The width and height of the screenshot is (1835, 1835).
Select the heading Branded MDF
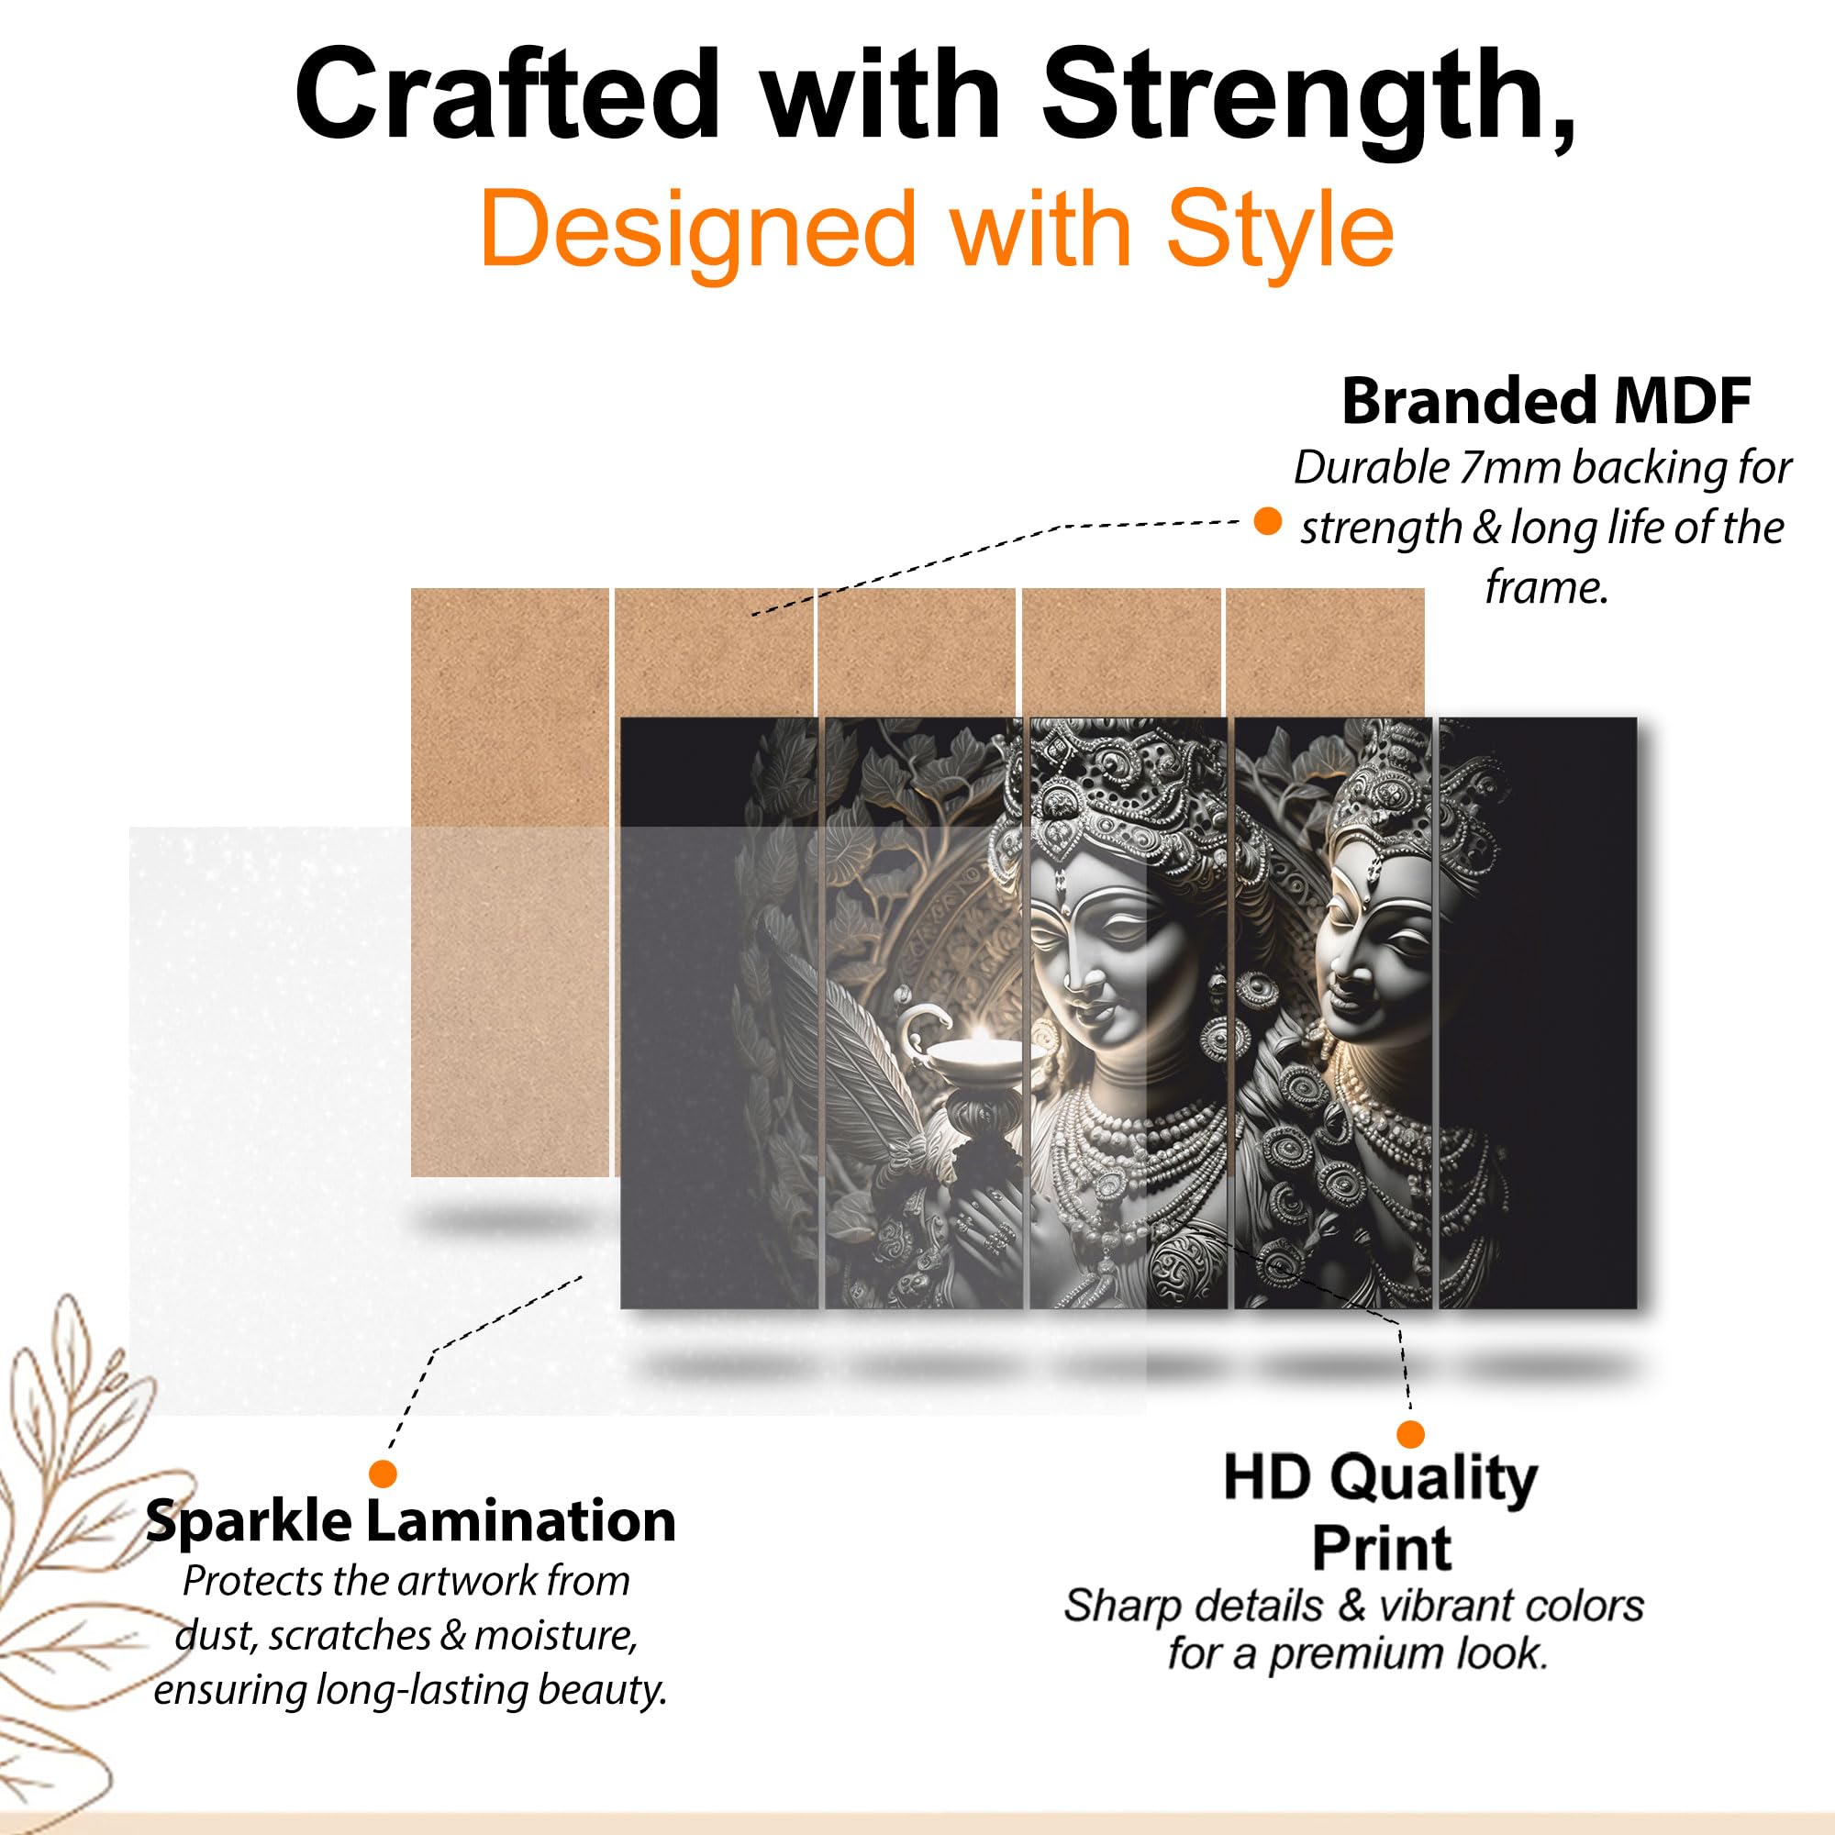(x=1546, y=401)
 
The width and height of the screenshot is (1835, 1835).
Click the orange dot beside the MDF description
(x=1267, y=521)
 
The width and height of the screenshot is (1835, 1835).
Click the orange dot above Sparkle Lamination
(x=383, y=1474)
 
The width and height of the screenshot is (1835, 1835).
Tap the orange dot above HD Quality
(x=1410, y=1434)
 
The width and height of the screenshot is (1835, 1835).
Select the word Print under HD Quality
(x=1381, y=1549)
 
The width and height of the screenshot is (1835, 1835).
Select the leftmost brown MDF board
(x=510, y=883)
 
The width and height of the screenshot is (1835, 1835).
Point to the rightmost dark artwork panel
(x=1538, y=1013)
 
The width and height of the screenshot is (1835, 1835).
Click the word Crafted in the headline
(x=506, y=95)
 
